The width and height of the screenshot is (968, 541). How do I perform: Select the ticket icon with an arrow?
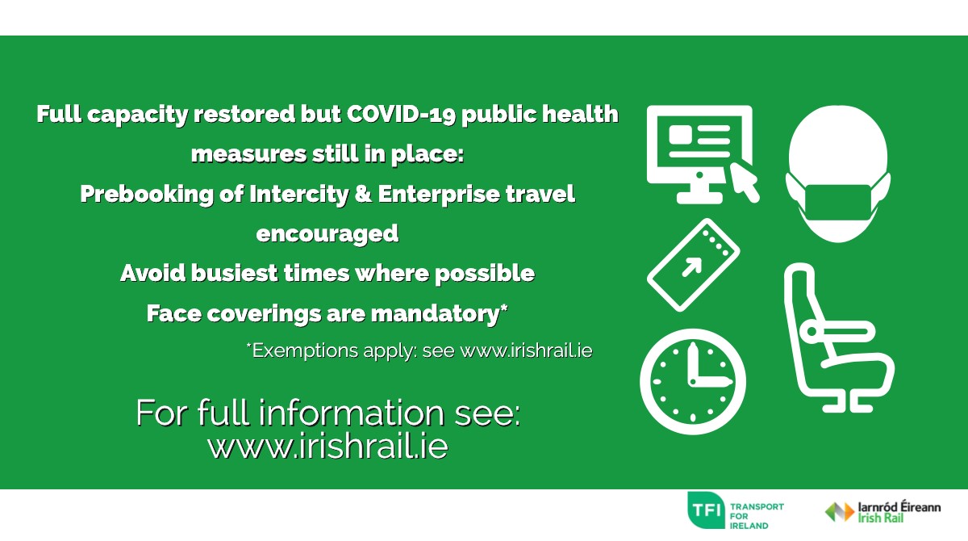(694, 264)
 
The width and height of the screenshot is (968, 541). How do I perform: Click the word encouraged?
(328, 233)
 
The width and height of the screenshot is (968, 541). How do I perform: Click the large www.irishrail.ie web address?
(328, 446)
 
